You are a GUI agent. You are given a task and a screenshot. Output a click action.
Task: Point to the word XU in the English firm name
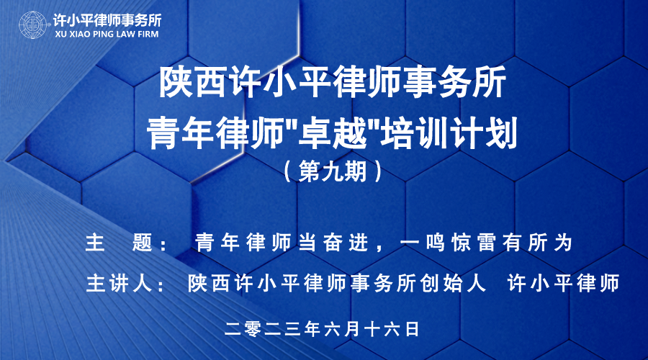pos(61,34)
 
